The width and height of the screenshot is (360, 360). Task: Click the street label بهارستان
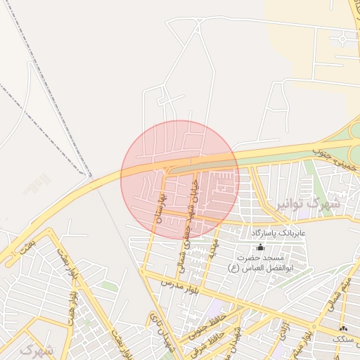(x=160, y=207)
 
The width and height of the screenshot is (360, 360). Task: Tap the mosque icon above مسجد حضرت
(x=261, y=247)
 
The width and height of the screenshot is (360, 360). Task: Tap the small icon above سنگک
(x=343, y=328)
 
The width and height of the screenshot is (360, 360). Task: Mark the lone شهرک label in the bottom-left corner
(x=37, y=349)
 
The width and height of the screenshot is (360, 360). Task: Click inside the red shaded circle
(x=180, y=179)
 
